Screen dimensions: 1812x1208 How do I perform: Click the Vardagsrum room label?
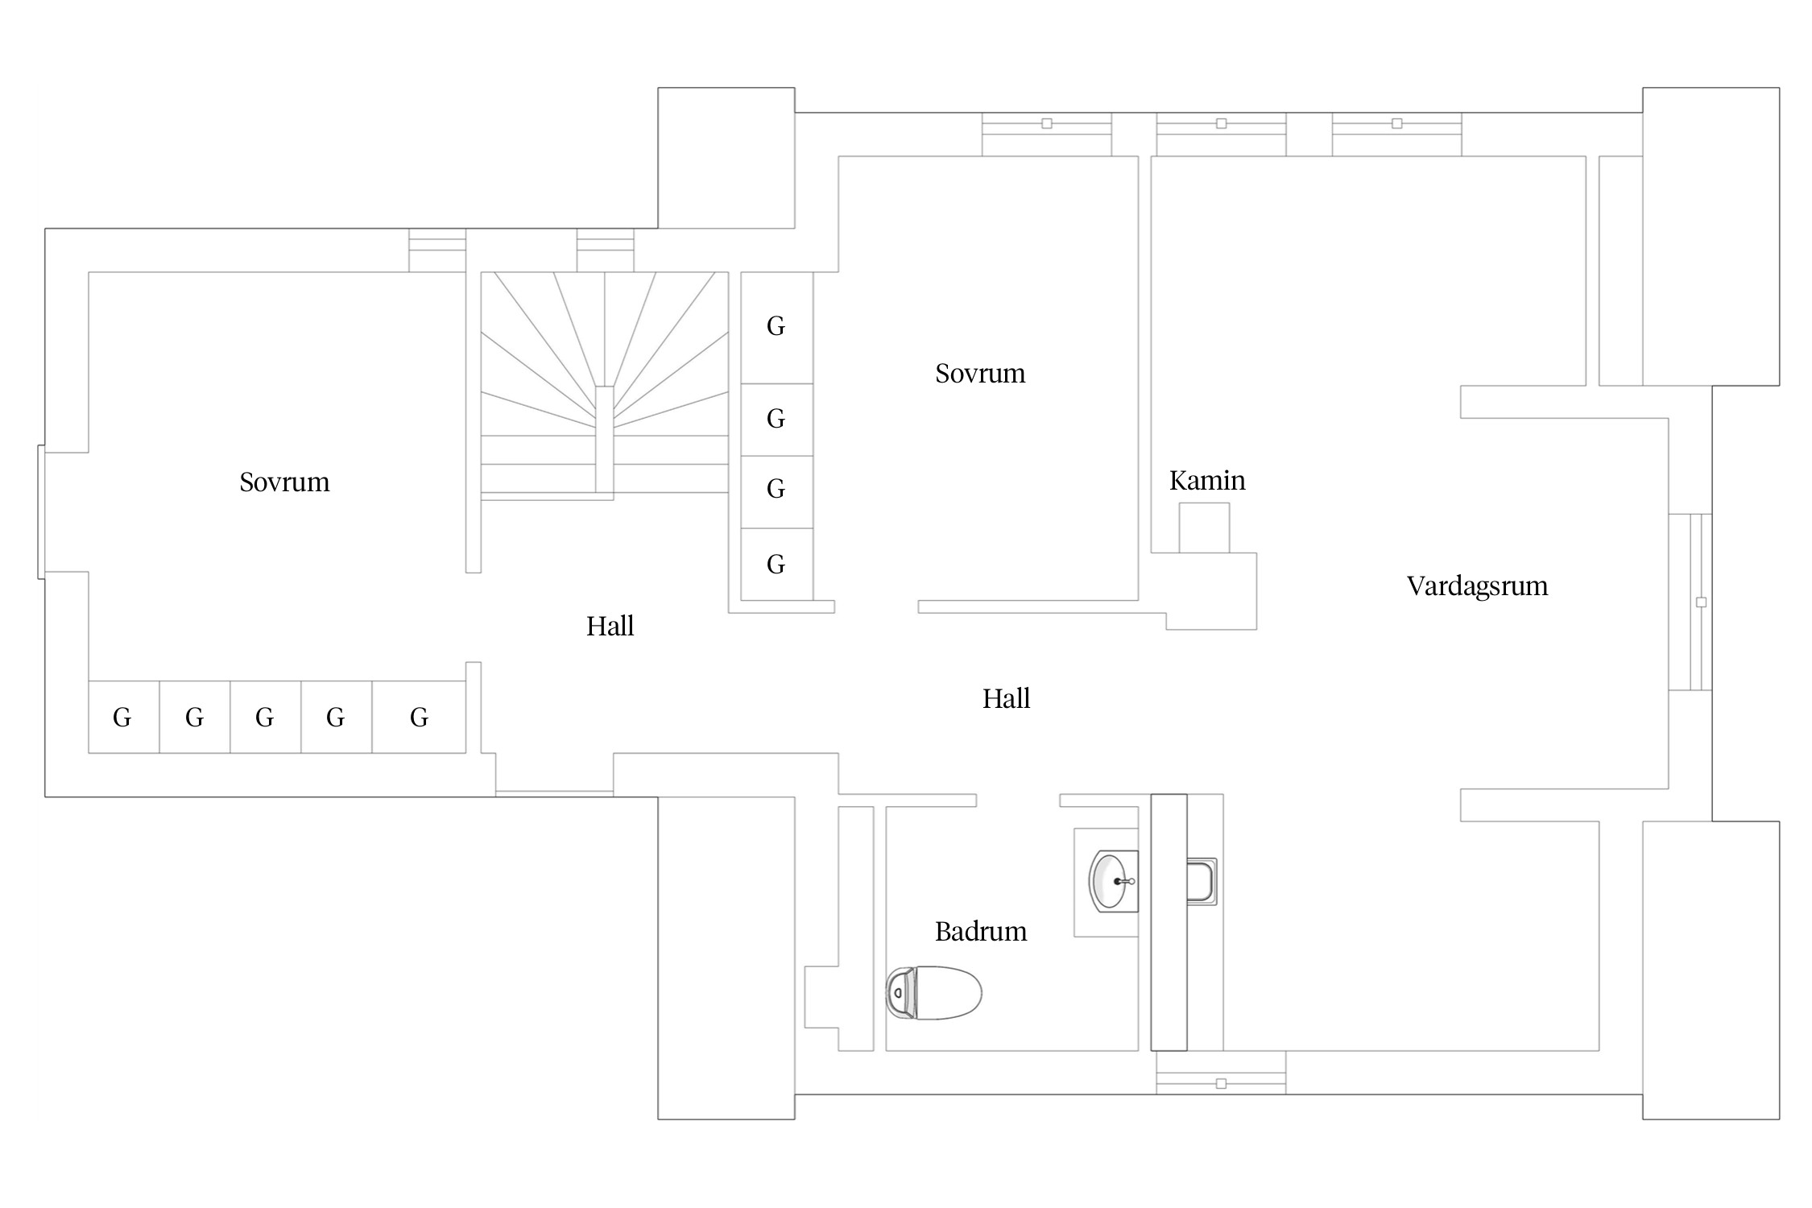(1477, 586)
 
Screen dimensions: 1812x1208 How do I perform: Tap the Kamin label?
(1207, 481)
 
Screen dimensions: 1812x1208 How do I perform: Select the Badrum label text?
(981, 932)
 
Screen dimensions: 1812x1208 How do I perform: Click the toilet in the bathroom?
(934, 993)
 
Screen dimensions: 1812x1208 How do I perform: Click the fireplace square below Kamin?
(1204, 527)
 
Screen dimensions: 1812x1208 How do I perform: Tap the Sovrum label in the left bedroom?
(284, 482)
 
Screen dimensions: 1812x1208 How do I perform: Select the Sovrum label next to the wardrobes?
(980, 374)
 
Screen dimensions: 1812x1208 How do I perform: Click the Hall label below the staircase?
(610, 627)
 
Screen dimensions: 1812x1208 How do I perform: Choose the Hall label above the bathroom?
(1006, 699)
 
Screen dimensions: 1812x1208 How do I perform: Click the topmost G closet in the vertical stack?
(776, 328)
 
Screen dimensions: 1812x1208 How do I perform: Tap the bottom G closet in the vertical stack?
(776, 565)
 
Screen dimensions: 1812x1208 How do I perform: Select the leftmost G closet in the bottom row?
(123, 718)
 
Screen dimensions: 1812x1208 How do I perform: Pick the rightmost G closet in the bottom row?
(419, 718)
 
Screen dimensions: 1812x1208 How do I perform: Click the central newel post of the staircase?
(604, 440)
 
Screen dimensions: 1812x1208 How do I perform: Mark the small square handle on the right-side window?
(1701, 602)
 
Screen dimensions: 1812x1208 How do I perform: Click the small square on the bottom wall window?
(1221, 1084)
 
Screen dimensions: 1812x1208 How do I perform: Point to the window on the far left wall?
(41, 512)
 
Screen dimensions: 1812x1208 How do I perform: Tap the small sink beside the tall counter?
(1201, 882)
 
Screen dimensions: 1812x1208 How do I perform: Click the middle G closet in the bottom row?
(265, 718)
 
